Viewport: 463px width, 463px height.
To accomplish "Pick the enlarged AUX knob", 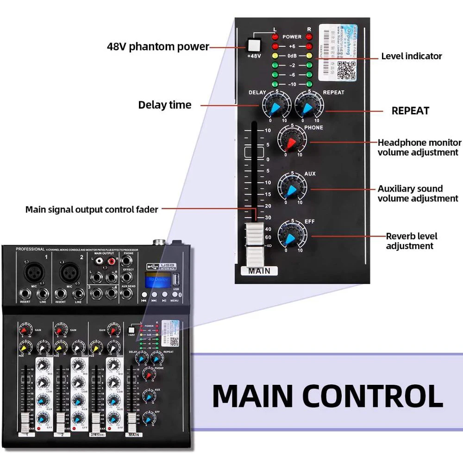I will click(292, 187).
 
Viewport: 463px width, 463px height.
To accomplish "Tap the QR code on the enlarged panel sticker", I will click(346, 69).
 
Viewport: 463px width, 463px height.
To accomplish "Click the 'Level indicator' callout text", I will click(411, 56).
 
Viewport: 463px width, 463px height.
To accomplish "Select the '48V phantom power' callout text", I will click(157, 47).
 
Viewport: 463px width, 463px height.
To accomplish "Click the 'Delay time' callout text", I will click(164, 105).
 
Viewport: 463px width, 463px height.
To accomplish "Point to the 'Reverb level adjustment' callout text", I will click(411, 241).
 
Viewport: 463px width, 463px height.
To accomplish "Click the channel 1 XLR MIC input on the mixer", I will click(34, 273).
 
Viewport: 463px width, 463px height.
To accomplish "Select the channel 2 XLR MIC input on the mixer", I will click(70, 273).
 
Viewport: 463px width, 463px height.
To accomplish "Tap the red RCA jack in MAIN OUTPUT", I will click(112, 262).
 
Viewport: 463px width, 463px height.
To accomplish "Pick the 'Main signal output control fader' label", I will click(92, 210).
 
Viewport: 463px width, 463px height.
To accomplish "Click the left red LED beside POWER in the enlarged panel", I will click(275, 37).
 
